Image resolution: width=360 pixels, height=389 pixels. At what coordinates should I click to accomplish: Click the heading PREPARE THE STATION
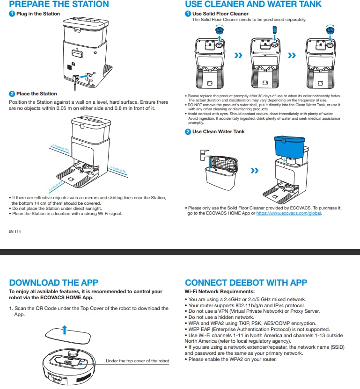click(x=59, y=4)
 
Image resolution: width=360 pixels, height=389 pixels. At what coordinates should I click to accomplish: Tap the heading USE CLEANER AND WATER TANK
click(x=253, y=4)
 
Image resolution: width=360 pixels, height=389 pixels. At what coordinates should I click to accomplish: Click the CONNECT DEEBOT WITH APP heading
click(x=246, y=282)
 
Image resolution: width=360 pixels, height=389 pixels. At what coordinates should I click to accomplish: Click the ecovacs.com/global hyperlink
click(x=289, y=213)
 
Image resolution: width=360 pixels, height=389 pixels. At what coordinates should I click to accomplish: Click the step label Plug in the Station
click(x=38, y=14)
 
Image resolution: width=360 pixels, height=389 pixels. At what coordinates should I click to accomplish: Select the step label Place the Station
click(x=37, y=94)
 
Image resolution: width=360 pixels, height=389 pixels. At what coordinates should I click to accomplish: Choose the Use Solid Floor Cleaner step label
click(x=220, y=14)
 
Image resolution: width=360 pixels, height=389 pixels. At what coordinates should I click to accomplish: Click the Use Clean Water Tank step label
click(x=218, y=131)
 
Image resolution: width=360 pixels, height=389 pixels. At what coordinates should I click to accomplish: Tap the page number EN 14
click(x=15, y=231)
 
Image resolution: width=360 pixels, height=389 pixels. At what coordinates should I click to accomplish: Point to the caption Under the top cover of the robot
click(x=137, y=360)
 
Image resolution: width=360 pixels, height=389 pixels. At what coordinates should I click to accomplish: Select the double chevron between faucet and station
click(x=254, y=171)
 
